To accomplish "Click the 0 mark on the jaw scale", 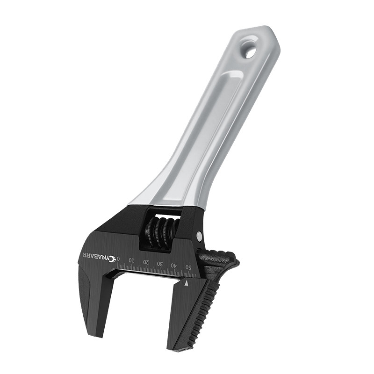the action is pos(118,259).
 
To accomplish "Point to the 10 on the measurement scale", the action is pos(131,260).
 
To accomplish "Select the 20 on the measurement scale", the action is pos(146,262).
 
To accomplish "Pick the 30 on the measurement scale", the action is pos(160,264).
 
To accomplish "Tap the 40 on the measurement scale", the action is pos(174,265).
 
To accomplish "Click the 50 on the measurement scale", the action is pos(188,267).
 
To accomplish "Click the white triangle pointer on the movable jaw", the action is pos(187,284).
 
